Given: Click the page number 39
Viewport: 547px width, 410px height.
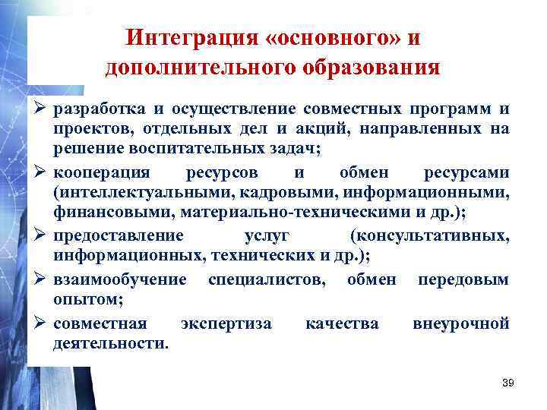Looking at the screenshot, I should [508, 383].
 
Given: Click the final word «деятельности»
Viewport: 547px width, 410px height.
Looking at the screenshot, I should [111, 344].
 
